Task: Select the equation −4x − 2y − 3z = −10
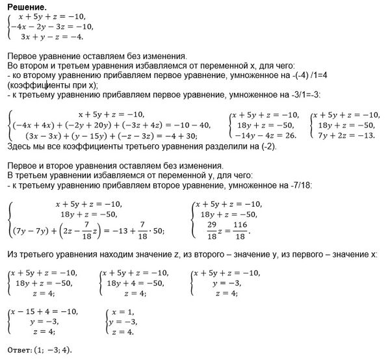(x=51, y=27)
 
